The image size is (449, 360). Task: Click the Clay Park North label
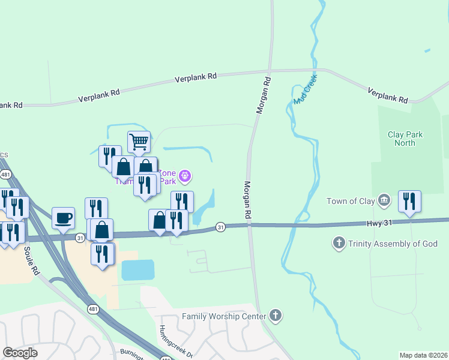(x=405, y=139)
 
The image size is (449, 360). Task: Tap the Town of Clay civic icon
(x=385, y=200)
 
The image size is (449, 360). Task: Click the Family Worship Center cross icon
(x=275, y=316)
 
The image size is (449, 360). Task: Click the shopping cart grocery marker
(x=139, y=142)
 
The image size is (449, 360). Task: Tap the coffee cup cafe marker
(x=63, y=218)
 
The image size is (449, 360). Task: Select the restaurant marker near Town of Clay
(x=409, y=202)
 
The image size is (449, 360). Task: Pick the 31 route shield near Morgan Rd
(x=221, y=227)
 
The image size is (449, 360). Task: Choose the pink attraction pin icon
(x=185, y=176)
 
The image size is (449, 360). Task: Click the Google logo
(x=20, y=353)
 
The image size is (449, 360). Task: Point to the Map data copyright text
(x=423, y=355)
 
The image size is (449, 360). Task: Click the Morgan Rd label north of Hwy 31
(x=247, y=199)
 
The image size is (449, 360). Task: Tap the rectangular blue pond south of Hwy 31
(x=137, y=270)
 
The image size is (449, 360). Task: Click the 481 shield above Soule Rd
(x=5, y=174)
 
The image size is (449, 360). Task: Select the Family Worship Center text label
(x=223, y=316)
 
